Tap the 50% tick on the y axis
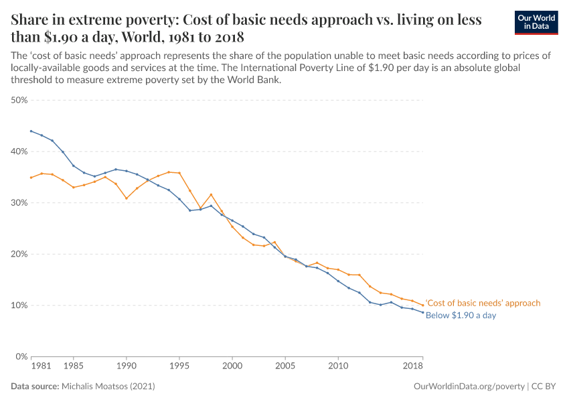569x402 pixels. pyautogui.click(x=19, y=100)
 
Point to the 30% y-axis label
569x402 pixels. pyautogui.click(x=19, y=203)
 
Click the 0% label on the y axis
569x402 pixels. pyautogui.click(x=21, y=356)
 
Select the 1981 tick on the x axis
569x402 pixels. pyautogui.click(x=41, y=367)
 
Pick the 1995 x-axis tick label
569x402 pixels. pyautogui.click(x=179, y=367)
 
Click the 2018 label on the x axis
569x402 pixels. pyautogui.click(x=413, y=367)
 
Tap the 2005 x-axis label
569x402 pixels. pyautogui.click(x=285, y=367)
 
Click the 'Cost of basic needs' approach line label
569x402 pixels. pyautogui.click(x=483, y=304)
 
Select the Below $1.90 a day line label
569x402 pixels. pyautogui.click(x=461, y=315)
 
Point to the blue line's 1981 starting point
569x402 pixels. pyautogui.click(x=31, y=131)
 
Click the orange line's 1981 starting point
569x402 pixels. pyautogui.click(x=31, y=178)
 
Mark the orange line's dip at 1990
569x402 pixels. pyautogui.click(x=127, y=198)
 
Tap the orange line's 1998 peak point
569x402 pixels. pyautogui.click(x=211, y=195)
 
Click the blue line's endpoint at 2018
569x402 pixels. pyautogui.click(x=423, y=313)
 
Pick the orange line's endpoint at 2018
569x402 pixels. pyautogui.click(x=423, y=306)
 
